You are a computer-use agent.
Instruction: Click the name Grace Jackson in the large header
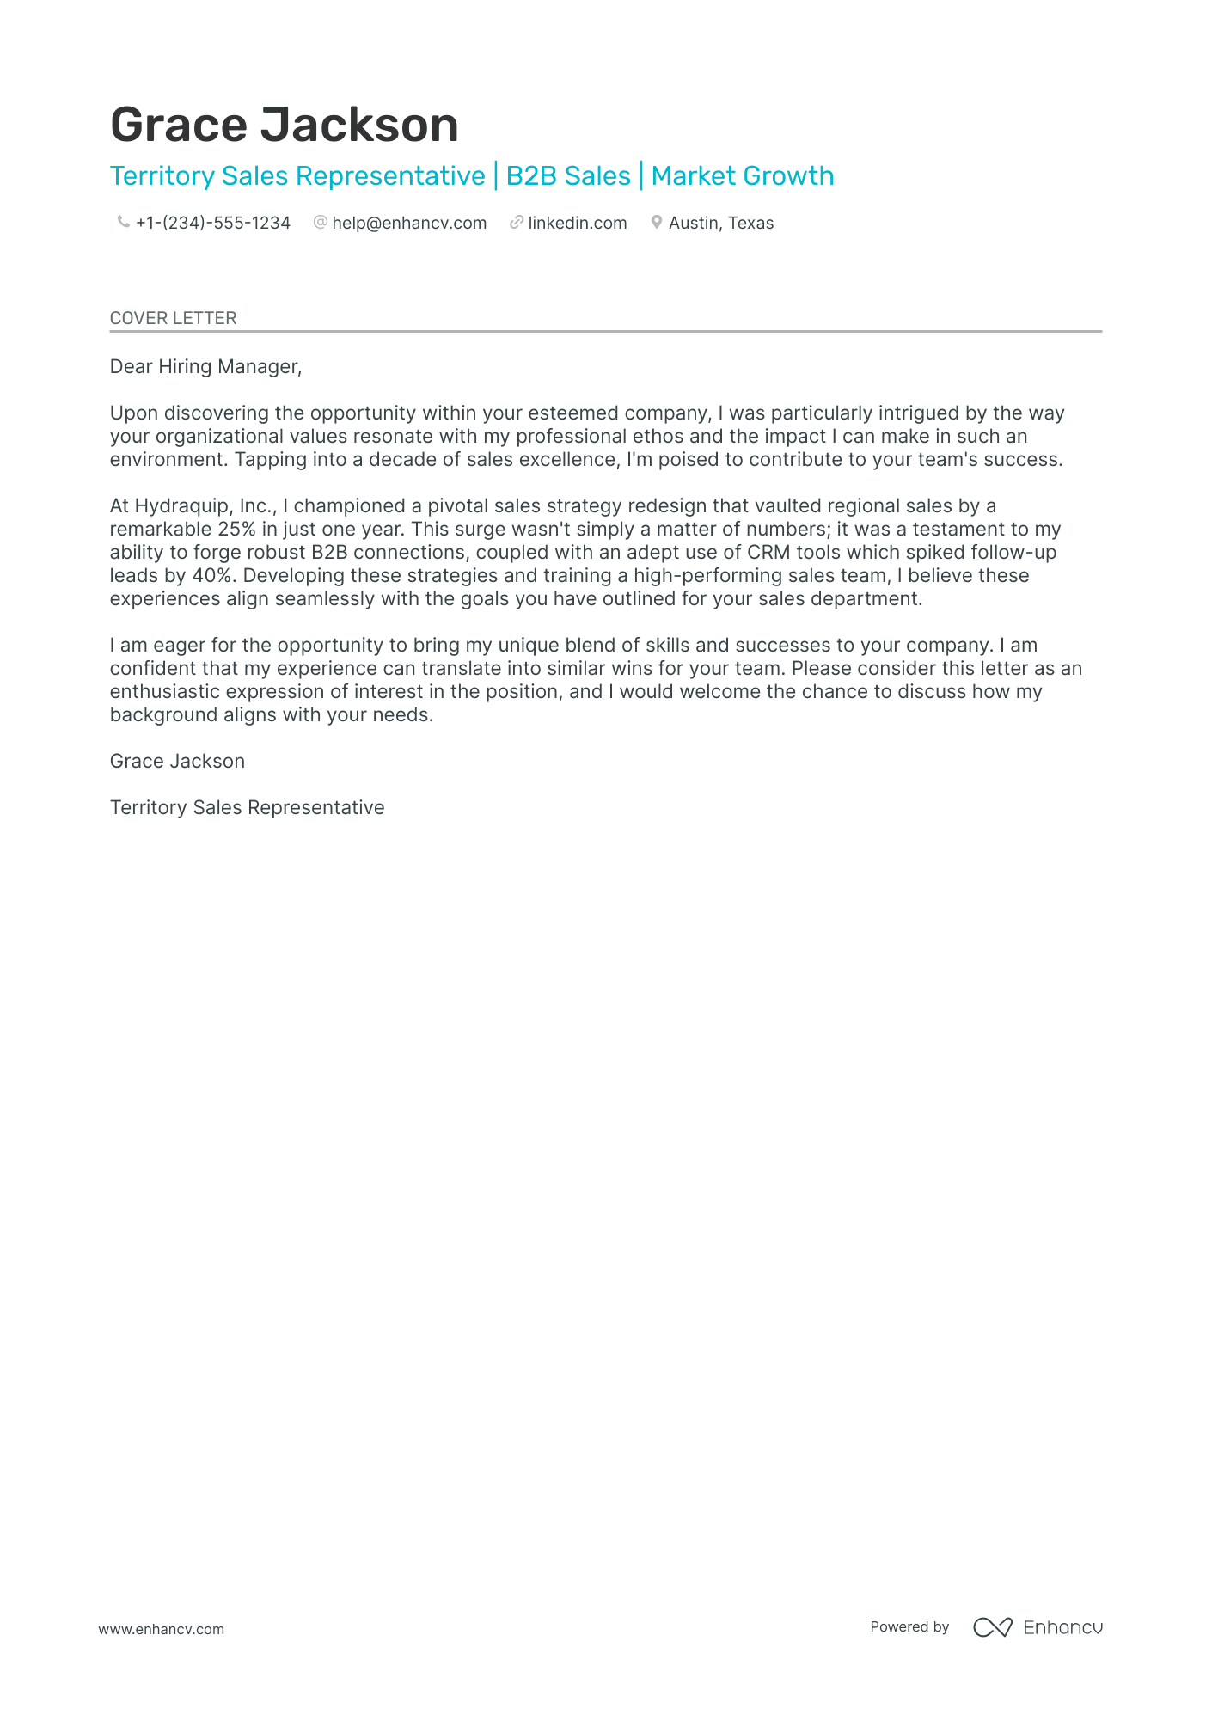(x=284, y=126)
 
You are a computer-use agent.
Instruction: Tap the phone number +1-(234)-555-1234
(x=212, y=224)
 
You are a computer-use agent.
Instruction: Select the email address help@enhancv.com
(x=409, y=224)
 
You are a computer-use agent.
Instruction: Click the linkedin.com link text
(x=577, y=224)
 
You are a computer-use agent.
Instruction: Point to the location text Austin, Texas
(x=720, y=224)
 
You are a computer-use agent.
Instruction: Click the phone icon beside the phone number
(x=123, y=223)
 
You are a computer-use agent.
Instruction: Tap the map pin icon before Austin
(x=657, y=223)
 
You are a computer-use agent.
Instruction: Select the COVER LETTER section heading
(x=173, y=318)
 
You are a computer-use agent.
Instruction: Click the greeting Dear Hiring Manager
(x=205, y=367)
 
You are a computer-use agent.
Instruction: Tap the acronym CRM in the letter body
(x=768, y=553)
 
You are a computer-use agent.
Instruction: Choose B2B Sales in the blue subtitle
(x=568, y=176)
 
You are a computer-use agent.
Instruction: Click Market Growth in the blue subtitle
(x=743, y=176)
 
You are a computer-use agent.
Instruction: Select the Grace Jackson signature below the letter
(x=177, y=762)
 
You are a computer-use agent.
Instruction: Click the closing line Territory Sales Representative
(x=247, y=808)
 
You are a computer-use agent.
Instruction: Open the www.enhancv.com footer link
(x=161, y=1629)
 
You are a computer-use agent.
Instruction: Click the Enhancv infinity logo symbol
(x=993, y=1627)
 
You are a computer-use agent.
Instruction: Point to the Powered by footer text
(x=909, y=1627)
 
